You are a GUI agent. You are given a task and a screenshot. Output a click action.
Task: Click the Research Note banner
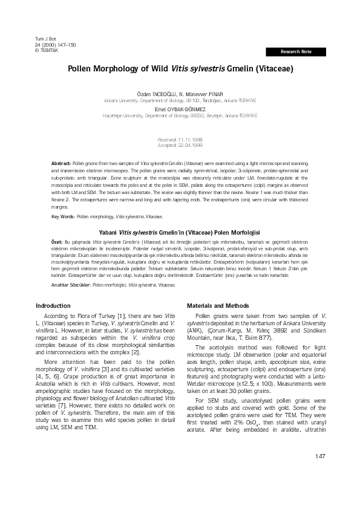[x=296, y=52]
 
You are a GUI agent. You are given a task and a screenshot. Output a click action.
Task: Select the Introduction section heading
[x=53, y=306]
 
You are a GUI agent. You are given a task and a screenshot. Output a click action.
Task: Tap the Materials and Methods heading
[x=218, y=306]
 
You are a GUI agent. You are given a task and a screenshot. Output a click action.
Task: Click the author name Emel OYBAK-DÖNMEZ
[x=180, y=109]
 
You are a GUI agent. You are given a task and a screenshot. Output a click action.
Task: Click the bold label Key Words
[x=63, y=216]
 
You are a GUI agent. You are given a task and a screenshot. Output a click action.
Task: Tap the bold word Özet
[x=57, y=241]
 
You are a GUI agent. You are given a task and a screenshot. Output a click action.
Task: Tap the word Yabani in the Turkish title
[x=112, y=232]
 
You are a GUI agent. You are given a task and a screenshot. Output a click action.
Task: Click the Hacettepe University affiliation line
[x=180, y=114]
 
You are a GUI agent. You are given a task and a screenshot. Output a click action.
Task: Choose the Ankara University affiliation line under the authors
[x=180, y=101]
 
